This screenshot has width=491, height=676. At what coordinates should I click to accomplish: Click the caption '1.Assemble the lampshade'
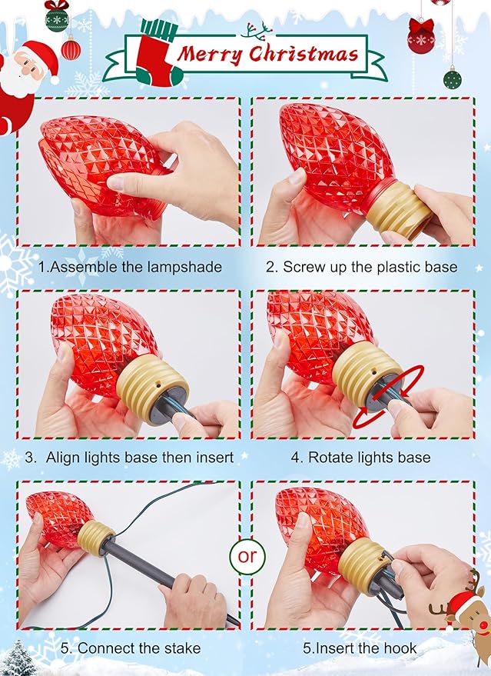tap(130, 267)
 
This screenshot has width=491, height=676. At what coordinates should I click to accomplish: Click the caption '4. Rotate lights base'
tap(360, 457)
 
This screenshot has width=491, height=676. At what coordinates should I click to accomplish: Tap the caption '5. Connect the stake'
tap(131, 648)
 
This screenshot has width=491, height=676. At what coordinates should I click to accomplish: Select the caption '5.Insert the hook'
tap(360, 648)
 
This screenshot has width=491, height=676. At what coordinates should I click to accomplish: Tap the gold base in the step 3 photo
tap(152, 381)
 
